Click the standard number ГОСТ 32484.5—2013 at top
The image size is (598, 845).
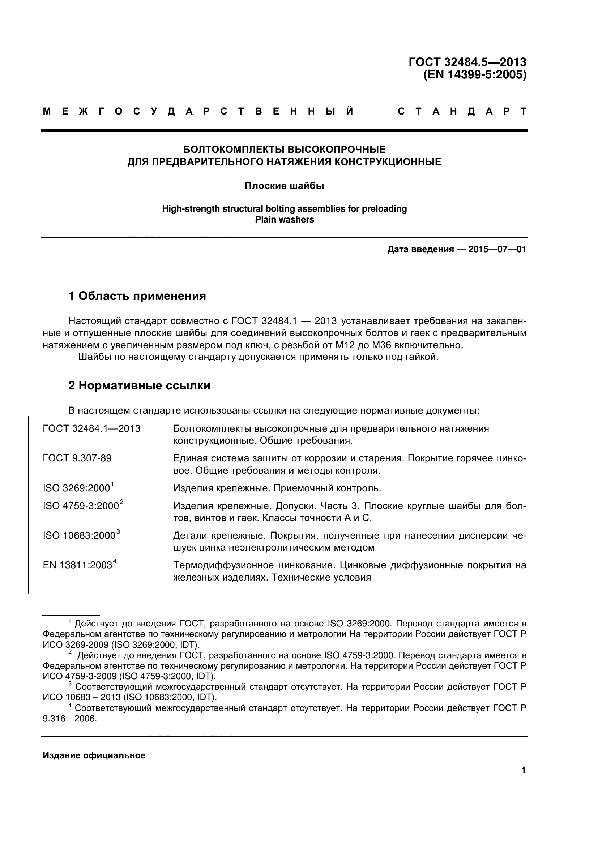click(x=467, y=62)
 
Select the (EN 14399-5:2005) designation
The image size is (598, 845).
click(x=475, y=75)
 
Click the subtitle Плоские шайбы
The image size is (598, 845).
click(x=284, y=186)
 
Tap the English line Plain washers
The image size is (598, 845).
click(x=285, y=220)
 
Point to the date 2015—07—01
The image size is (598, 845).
click(x=497, y=250)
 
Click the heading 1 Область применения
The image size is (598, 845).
click(x=137, y=296)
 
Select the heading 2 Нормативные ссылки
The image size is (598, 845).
click(x=139, y=386)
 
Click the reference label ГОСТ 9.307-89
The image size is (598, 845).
click(x=77, y=458)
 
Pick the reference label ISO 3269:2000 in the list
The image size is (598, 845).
click(x=77, y=488)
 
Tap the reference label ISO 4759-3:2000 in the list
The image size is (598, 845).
click(x=81, y=506)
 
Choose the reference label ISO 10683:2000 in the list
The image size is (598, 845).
click(x=79, y=536)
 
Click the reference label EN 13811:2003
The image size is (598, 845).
click(x=77, y=565)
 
